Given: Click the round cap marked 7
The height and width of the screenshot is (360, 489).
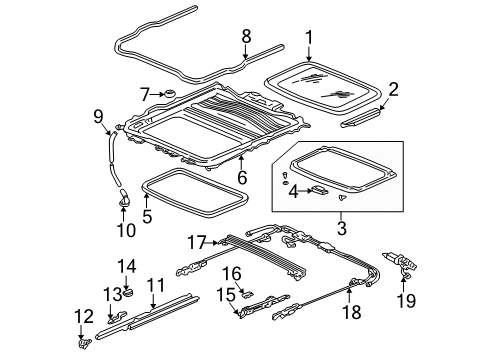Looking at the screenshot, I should coord(168,94).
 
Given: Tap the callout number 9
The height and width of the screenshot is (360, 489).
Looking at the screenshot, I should coord(98,119).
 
